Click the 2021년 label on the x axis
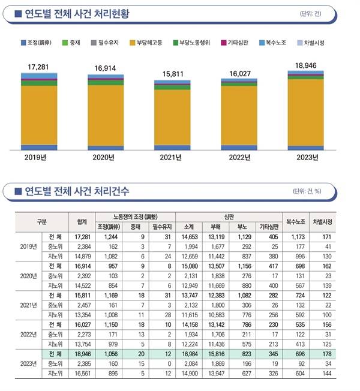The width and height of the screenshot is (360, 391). [x=172, y=159]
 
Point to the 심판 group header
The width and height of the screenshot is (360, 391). [x=230, y=216]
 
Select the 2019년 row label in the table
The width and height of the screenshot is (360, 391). [x=29, y=246]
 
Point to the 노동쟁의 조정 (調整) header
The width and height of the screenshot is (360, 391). [x=133, y=216]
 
